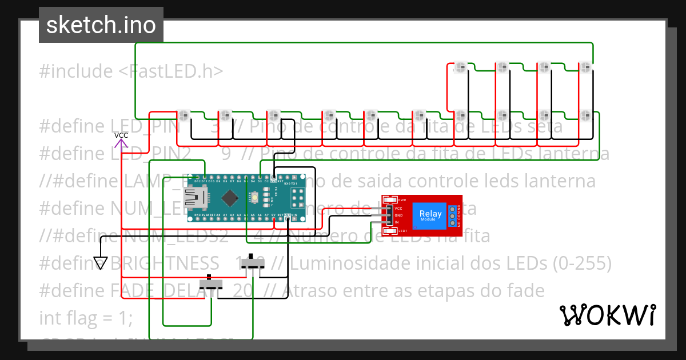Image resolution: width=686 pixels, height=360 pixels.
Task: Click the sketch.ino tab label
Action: (x=101, y=25)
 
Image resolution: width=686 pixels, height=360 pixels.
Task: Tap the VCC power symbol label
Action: (x=121, y=135)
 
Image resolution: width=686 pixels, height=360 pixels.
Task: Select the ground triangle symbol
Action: (x=101, y=263)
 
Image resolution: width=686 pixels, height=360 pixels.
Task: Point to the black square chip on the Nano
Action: (x=229, y=198)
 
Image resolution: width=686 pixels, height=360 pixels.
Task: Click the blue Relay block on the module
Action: (x=430, y=215)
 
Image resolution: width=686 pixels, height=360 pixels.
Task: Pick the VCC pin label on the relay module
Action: (x=398, y=209)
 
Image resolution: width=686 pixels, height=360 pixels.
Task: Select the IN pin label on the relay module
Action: (x=397, y=222)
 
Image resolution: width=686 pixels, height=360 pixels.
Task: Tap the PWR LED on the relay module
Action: (x=391, y=199)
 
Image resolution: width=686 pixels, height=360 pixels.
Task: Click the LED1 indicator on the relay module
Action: (x=391, y=231)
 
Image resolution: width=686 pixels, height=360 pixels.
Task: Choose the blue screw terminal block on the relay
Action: (x=453, y=215)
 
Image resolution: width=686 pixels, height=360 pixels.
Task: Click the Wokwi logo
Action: (x=607, y=315)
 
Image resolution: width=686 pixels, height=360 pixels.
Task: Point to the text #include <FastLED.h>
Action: (x=131, y=71)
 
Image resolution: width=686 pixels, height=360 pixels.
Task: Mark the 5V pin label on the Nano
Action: (x=273, y=215)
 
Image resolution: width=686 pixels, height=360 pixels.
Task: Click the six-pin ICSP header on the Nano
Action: (x=297, y=198)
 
